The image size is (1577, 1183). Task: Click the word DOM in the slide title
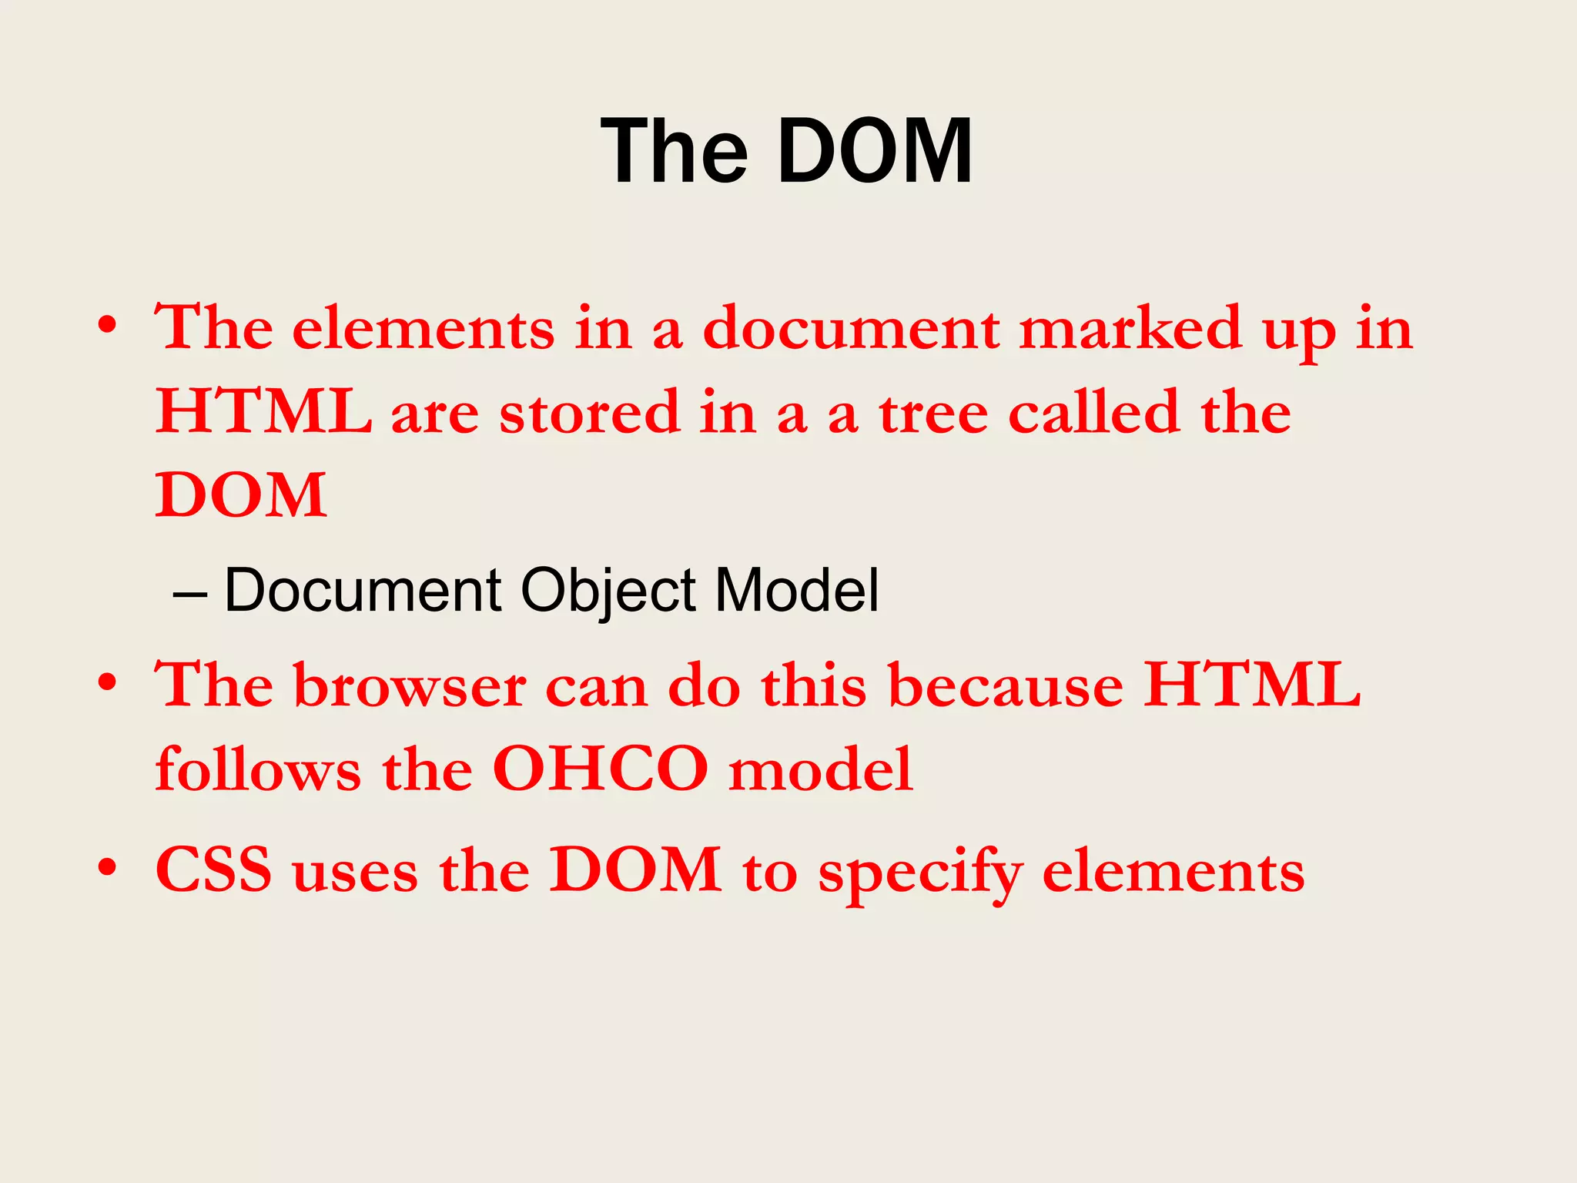click(876, 152)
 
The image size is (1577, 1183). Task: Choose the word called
click(1094, 412)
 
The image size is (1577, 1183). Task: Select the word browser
click(410, 685)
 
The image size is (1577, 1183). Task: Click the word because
click(1006, 685)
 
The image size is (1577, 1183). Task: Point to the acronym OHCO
click(600, 769)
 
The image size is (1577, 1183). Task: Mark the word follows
click(258, 769)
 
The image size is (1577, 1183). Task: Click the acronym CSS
click(214, 870)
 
